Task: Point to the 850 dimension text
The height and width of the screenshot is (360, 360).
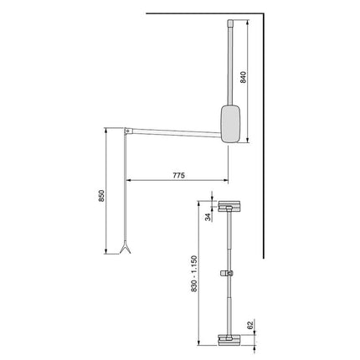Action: [x=100, y=196]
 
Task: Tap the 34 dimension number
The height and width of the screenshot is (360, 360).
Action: [x=208, y=216]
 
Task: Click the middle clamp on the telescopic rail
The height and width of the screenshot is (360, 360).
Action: [x=227, y=273]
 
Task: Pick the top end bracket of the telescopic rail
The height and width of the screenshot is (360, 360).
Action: [x=228, y=206]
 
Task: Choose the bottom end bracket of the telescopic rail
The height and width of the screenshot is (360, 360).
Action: [x=228, y=339]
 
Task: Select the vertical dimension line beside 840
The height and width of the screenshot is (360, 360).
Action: [x=249, y=80]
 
